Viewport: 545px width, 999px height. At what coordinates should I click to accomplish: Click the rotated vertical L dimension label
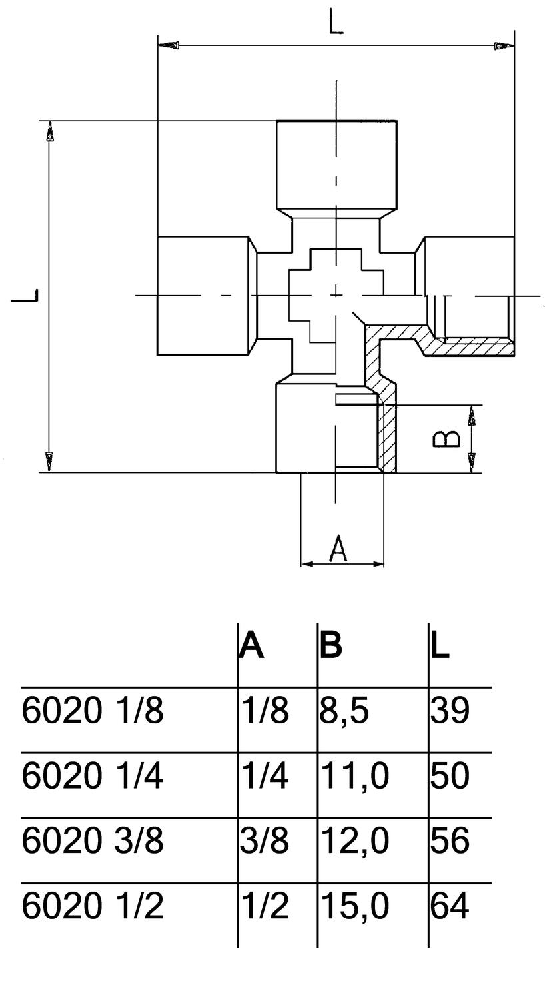[25, 296]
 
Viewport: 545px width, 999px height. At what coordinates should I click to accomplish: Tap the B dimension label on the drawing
[446, 438]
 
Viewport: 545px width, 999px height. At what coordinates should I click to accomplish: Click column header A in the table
[252, 646]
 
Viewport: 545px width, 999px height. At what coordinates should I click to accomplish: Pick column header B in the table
[331, 646]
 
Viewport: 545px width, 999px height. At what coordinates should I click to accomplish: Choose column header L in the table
[440, 646]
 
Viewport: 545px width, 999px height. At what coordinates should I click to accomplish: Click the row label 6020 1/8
[93, 711]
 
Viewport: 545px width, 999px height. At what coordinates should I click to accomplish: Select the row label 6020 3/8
[93, 840]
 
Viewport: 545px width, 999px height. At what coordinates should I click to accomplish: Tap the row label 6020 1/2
[93, 906]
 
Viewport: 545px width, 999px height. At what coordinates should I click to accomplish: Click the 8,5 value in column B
[344, 711]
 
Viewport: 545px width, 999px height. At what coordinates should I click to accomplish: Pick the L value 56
[450, 840]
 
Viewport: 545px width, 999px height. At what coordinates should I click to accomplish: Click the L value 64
[450, 906]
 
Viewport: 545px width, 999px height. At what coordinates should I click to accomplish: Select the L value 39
[450, 711]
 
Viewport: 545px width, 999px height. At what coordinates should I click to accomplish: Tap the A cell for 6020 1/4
[265, 776]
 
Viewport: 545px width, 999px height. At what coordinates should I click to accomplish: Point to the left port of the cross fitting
[207, 296]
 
